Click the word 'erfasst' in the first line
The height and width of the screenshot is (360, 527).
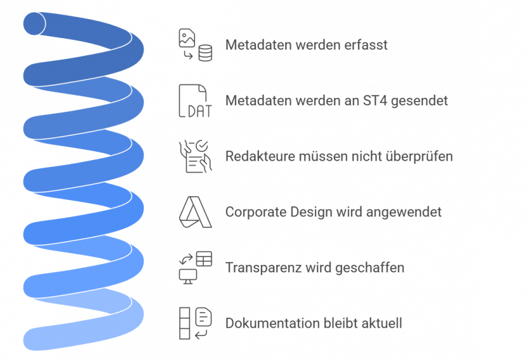[369, 46]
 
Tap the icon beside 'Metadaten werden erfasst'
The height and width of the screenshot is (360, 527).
[195, 45]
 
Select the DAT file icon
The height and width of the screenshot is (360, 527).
[195, 101]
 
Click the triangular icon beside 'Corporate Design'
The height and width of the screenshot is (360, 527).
[195, 212]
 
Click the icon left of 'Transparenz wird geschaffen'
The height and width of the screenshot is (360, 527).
[195, 267]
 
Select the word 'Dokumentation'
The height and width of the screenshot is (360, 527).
[263, 323]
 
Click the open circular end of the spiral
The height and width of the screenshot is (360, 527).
[34, 23]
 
